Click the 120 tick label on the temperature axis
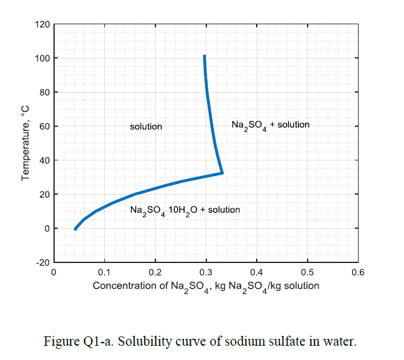(x=42, y=24)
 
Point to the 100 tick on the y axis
(x=42, y=58)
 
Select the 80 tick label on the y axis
(x=44, y=93)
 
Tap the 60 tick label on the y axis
(x=44, y=126)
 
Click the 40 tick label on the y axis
(x=44, y=160)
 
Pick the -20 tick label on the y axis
(x=42, y=262)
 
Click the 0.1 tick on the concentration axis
(x=104, y=272)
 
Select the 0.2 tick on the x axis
(x=155, y=272)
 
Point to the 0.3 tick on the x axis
(x=206, y=272)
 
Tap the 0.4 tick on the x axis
(x=257, y=272)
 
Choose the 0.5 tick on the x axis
(x=307, y=272)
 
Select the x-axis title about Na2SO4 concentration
(x=206, y=286)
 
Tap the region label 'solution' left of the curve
(x=146, y=126)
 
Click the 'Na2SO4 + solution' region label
(x=270, y=125)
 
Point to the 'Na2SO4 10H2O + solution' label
(x=185, y=210)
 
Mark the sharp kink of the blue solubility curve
(x=222, y=173)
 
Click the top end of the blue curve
(x=204, y=56)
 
